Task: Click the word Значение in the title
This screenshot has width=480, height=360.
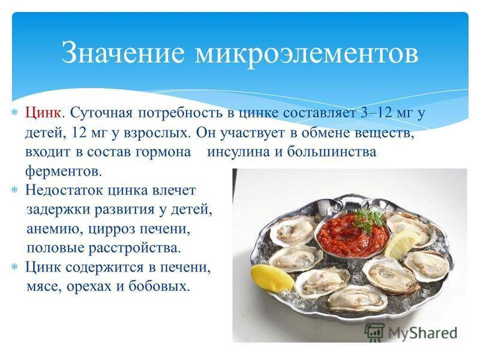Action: (123, 53)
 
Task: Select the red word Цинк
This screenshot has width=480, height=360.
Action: (43, 113)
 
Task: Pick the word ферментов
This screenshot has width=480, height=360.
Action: (63, 171)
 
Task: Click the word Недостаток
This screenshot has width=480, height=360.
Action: (65, 190)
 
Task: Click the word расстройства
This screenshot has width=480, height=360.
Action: (134, 248)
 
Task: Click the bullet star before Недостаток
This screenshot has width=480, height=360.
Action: (14, 190)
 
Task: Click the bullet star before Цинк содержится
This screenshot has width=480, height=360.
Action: (14, 267)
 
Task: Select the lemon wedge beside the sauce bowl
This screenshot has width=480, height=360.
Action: (401, 244)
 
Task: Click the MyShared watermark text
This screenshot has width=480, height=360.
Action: (422, 333)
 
